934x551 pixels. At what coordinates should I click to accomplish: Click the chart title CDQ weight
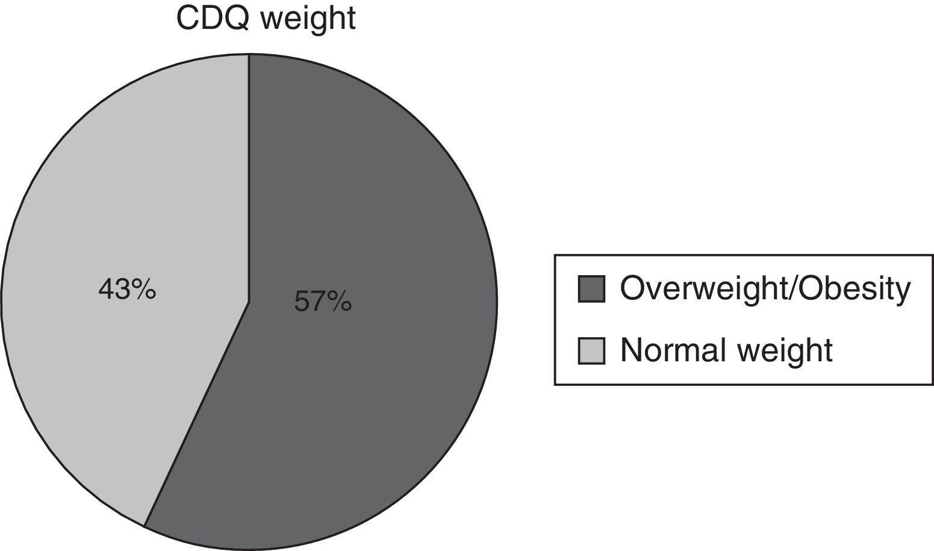click(x=266, y=18)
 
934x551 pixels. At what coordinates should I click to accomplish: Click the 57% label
click(x=323, y=301)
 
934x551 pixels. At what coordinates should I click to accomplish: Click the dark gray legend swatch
click(x=591, y=289)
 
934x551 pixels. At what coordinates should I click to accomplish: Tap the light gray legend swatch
click(x=591, y=350)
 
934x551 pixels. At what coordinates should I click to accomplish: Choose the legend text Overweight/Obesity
click(x=765, y=289)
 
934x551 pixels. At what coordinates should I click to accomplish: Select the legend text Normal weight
click(x=726, y=350)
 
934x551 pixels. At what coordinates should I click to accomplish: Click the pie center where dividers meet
click(x=249, y=300)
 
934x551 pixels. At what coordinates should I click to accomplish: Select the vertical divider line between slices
click(x=249, y=181)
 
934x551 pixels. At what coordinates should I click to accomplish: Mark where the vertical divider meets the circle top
click(x=249, y=54)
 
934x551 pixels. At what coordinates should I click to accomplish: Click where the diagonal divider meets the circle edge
click(x=145, y=525)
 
